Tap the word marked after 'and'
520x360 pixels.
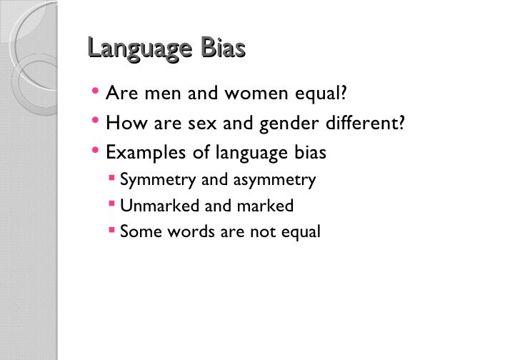266,206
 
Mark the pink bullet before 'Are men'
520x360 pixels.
96,93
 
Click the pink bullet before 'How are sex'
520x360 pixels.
96,123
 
